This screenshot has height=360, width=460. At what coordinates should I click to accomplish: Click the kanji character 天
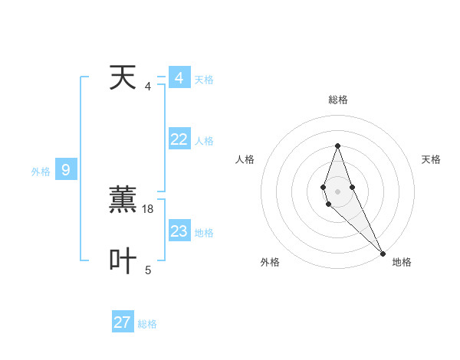click(123, 78)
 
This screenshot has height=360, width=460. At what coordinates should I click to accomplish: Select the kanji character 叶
click(123, 260)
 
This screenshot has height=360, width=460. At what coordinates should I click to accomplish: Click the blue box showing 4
click(179, 78)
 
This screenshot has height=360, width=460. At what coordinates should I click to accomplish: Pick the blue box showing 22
click(179, 139)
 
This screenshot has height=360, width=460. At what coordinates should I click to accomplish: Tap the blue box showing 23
click(179, 231)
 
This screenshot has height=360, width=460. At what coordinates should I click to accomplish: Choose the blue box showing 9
click(65, 170)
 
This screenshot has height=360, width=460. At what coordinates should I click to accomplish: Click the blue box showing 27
click(123, 322)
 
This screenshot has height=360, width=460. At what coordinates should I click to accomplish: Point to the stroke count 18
click(149, 208)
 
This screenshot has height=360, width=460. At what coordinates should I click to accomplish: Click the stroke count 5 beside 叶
click(148, 270)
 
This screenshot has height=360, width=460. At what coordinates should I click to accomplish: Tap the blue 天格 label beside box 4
click(204, 80)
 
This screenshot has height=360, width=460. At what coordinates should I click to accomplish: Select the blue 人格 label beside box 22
click(204, 141)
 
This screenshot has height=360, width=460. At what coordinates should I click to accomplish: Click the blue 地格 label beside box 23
click(204, 233)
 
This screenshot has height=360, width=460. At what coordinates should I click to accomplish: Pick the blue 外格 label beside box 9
click(41, 172)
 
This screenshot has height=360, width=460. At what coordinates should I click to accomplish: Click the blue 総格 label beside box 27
click(147, 324)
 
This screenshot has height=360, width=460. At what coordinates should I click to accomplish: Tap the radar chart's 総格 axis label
click(338, 100)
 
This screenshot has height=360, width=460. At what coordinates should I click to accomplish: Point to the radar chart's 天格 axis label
click(432, 159)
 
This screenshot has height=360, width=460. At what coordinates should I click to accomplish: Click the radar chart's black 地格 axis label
click(402, 262)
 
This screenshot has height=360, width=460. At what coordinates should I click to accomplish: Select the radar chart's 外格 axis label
click(270, 262)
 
